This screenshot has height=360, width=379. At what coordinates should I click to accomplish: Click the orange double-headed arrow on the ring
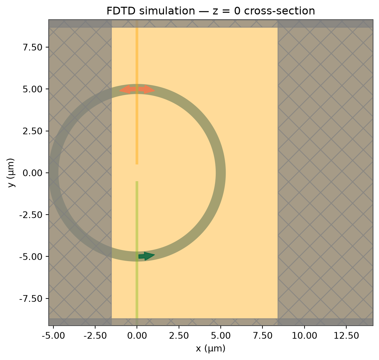coord(137,90)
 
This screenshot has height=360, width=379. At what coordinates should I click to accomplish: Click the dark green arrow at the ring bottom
coord(147,256)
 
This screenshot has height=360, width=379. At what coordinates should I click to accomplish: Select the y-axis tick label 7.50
coord(33,47)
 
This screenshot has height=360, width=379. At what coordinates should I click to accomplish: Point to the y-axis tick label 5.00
coord(33,89)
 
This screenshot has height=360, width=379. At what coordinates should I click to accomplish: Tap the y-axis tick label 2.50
coord(33,131)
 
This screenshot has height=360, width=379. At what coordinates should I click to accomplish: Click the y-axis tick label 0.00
coord(33,173)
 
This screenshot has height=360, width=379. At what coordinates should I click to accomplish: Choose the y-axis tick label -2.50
coord(31,215)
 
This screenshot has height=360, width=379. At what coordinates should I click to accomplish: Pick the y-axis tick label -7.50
coord(31,298)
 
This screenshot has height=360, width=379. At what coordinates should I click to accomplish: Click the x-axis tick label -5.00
coord(53,336)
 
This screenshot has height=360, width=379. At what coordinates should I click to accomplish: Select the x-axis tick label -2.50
coord(95,336)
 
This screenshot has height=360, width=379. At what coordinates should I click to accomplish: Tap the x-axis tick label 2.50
coord(179,336)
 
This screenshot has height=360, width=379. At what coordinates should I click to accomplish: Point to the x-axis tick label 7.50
coord(262,336)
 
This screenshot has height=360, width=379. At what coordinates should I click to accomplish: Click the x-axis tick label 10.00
coord(304,336)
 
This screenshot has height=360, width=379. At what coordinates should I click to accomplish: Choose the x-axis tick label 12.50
coord(346,336)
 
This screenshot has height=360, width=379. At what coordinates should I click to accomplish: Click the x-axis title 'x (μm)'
coord(210,349)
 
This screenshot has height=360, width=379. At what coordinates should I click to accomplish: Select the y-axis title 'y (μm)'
coord(11,173)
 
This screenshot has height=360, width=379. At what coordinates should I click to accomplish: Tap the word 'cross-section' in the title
coord(279,11)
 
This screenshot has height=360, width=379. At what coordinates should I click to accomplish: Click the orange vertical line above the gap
coord(137,92)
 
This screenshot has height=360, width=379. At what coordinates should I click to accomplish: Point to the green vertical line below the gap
coord(137,253)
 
